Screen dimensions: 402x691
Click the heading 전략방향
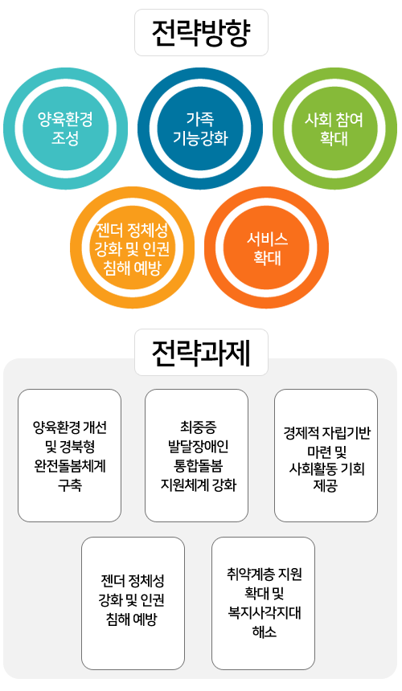click(201, 33)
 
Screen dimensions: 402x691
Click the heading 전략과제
click(201, 353)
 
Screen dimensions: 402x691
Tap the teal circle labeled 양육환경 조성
click(66, 129)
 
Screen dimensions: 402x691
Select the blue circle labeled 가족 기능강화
click(200, 129)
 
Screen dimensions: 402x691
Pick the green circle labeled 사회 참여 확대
click(334, 129)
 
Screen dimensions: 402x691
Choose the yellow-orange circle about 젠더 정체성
click(132, 247)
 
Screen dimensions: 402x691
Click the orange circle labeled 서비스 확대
click(267, 247)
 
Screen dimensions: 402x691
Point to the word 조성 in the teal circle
click(65, 138)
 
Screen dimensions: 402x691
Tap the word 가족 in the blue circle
click(200, 119)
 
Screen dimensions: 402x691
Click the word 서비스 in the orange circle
click(267, 239)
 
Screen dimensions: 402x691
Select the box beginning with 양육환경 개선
click(70, 456)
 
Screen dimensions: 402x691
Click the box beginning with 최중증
click(197, 456)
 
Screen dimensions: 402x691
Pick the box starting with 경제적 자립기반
click(326, 456)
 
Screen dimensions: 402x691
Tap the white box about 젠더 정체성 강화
click(133, 603)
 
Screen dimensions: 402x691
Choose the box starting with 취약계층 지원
click(264, 603)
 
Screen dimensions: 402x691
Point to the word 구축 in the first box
click(70, 485)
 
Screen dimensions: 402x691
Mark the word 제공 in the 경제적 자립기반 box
click(326, 487)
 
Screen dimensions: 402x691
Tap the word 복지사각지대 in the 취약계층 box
click(265, 613)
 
